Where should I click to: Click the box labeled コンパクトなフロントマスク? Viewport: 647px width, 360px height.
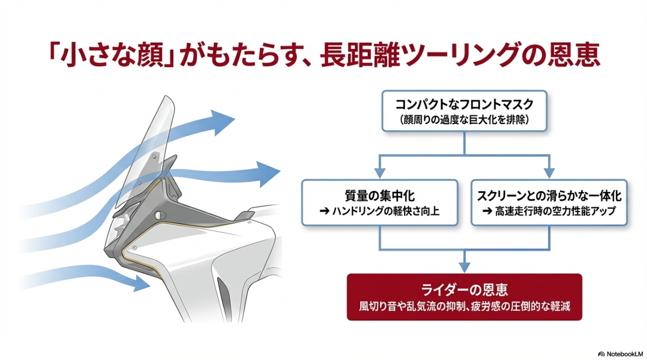464,111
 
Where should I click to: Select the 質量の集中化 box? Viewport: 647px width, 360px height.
380,202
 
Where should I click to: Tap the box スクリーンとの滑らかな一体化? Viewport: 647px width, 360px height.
549,202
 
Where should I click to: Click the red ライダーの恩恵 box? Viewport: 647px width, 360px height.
464,297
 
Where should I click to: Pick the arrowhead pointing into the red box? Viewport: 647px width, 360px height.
464,267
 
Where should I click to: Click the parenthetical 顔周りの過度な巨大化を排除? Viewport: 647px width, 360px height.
464,121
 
